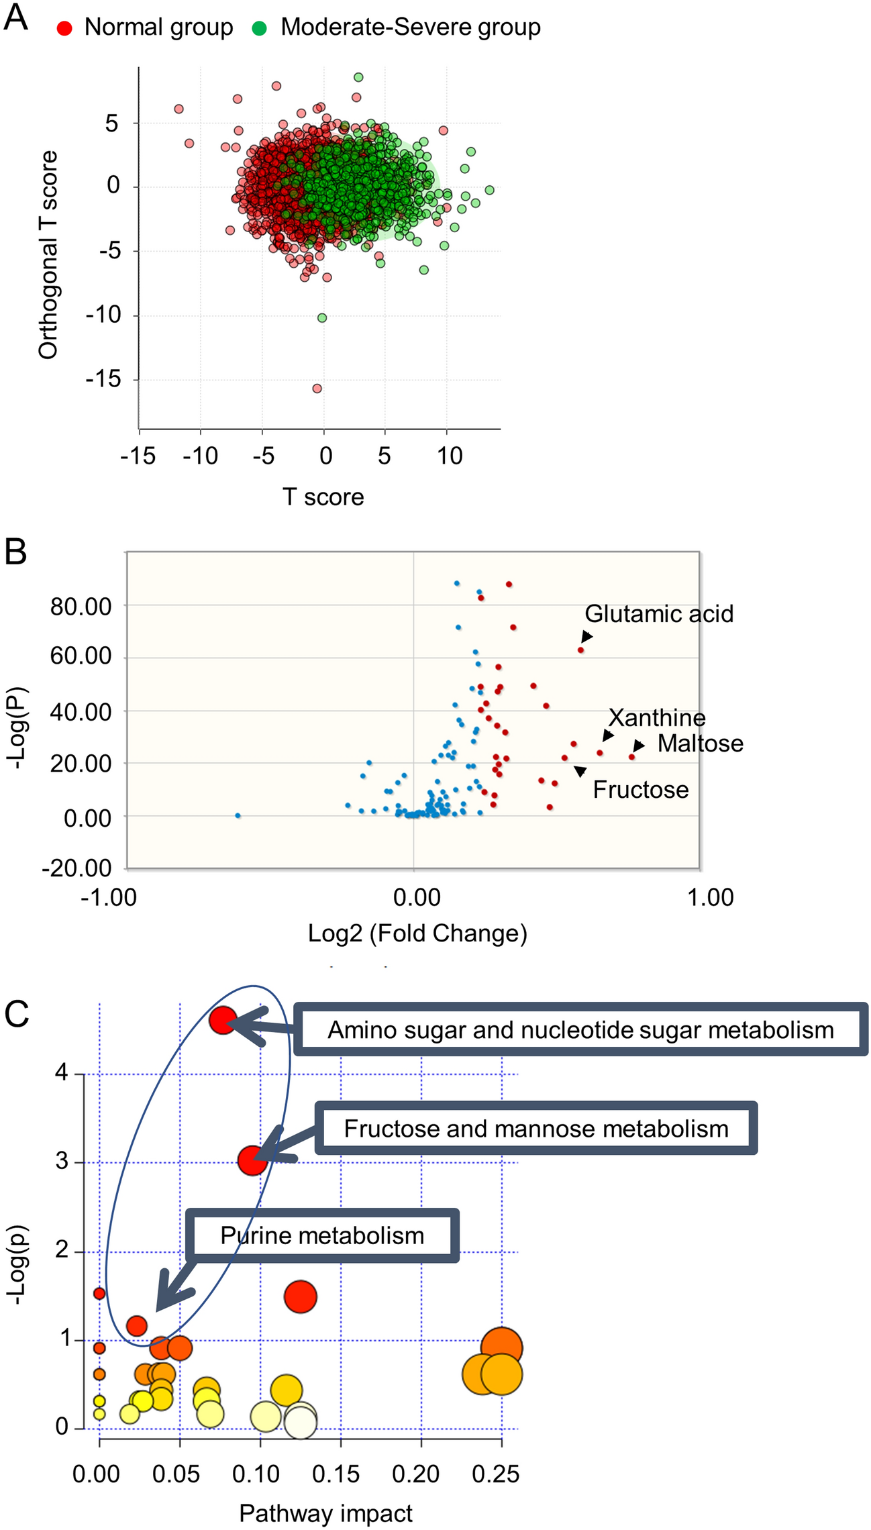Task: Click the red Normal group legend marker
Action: click(x=64, y=28)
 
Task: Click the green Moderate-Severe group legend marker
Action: click(x=260, y=28)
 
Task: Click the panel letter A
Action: click(x=15, y=17)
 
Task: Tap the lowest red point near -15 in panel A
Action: click(x=317, y=389)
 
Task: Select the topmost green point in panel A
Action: click(x=358, y=77)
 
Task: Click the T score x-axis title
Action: click(x=323, y=497)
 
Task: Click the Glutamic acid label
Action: click(x=659, y=614)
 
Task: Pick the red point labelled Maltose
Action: click(x=631, y=757)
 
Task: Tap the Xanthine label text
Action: click(x=657, y=718)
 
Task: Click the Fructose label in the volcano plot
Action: click(x=640, y=790)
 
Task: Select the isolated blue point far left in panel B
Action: click(x=238, y=815)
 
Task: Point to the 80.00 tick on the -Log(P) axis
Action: click(x=81, y=606)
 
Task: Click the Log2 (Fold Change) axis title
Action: click(x=417, y=933)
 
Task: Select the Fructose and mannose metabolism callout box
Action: click(x=535, y=1129)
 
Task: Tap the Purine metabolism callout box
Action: click(x=322, y=1235)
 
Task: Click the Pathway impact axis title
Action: click(x=325, y=1514)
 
